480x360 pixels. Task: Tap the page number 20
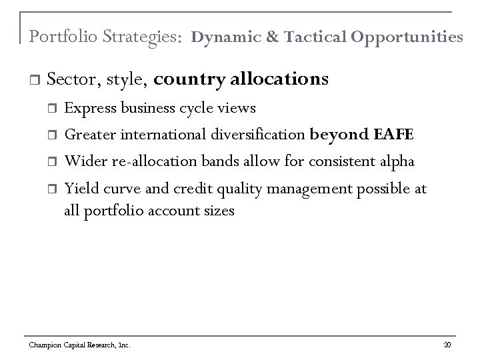(x=447, y=345)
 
